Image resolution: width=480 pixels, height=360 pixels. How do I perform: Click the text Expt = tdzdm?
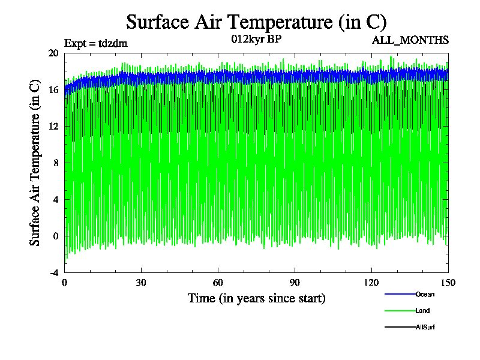(x=96, y=43)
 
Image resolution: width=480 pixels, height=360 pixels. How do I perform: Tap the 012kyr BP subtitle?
(x=256, y=40)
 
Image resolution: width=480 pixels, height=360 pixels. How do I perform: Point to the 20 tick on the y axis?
(x=53, y=53)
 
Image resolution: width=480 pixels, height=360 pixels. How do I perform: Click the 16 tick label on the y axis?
(x=53, y=89)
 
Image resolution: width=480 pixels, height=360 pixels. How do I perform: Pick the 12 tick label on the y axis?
(x=53, y=126)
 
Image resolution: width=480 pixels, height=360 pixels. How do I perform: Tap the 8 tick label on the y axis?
(x=55, y=163)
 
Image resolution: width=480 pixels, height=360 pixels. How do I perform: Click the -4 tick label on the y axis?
(x=53, y=272)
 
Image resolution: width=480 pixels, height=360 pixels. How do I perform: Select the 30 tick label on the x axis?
(x=142, y=283)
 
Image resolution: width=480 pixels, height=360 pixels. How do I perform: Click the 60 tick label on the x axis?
(x=218, y=283)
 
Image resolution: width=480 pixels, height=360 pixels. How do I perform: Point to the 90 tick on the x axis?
(x=295, y=283)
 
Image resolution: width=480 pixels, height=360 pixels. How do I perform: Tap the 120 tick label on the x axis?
(x=371, y=283)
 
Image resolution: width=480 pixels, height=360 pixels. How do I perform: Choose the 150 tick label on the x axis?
(x=448, y=283)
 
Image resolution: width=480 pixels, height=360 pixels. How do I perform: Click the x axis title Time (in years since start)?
(x=256, y=298)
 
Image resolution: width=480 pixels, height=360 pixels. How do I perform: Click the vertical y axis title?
(x=35, y=163)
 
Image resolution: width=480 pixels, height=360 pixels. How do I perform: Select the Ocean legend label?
(x=425, y=294)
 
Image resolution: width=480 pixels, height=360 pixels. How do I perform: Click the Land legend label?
(x=422, y=311)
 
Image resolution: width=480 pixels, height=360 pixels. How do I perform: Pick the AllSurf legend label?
(x=425, y=327)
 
